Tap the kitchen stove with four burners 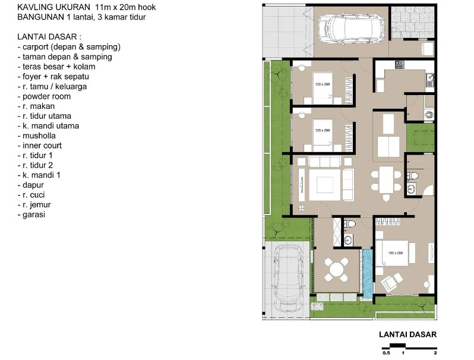tap(400, 64)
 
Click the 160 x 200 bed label tap(395, 253)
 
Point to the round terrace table tap(337, 269)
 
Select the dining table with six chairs tap(386, 179)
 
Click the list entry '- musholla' tap(39, 135)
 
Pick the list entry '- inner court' tap(41, 146)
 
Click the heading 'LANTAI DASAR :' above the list tap(46, 37)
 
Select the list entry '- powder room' tap(45, 96)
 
